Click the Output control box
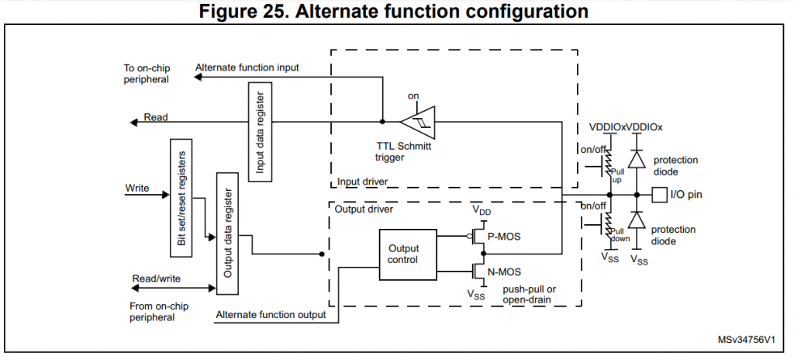point(402,253)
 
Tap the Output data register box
point(227,235)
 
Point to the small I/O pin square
point(659,194)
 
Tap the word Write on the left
point(137,189)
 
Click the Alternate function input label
point(247,67)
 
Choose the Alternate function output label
point(271,314)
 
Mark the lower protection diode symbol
point(637,220)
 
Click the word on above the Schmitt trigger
point(413,96)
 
